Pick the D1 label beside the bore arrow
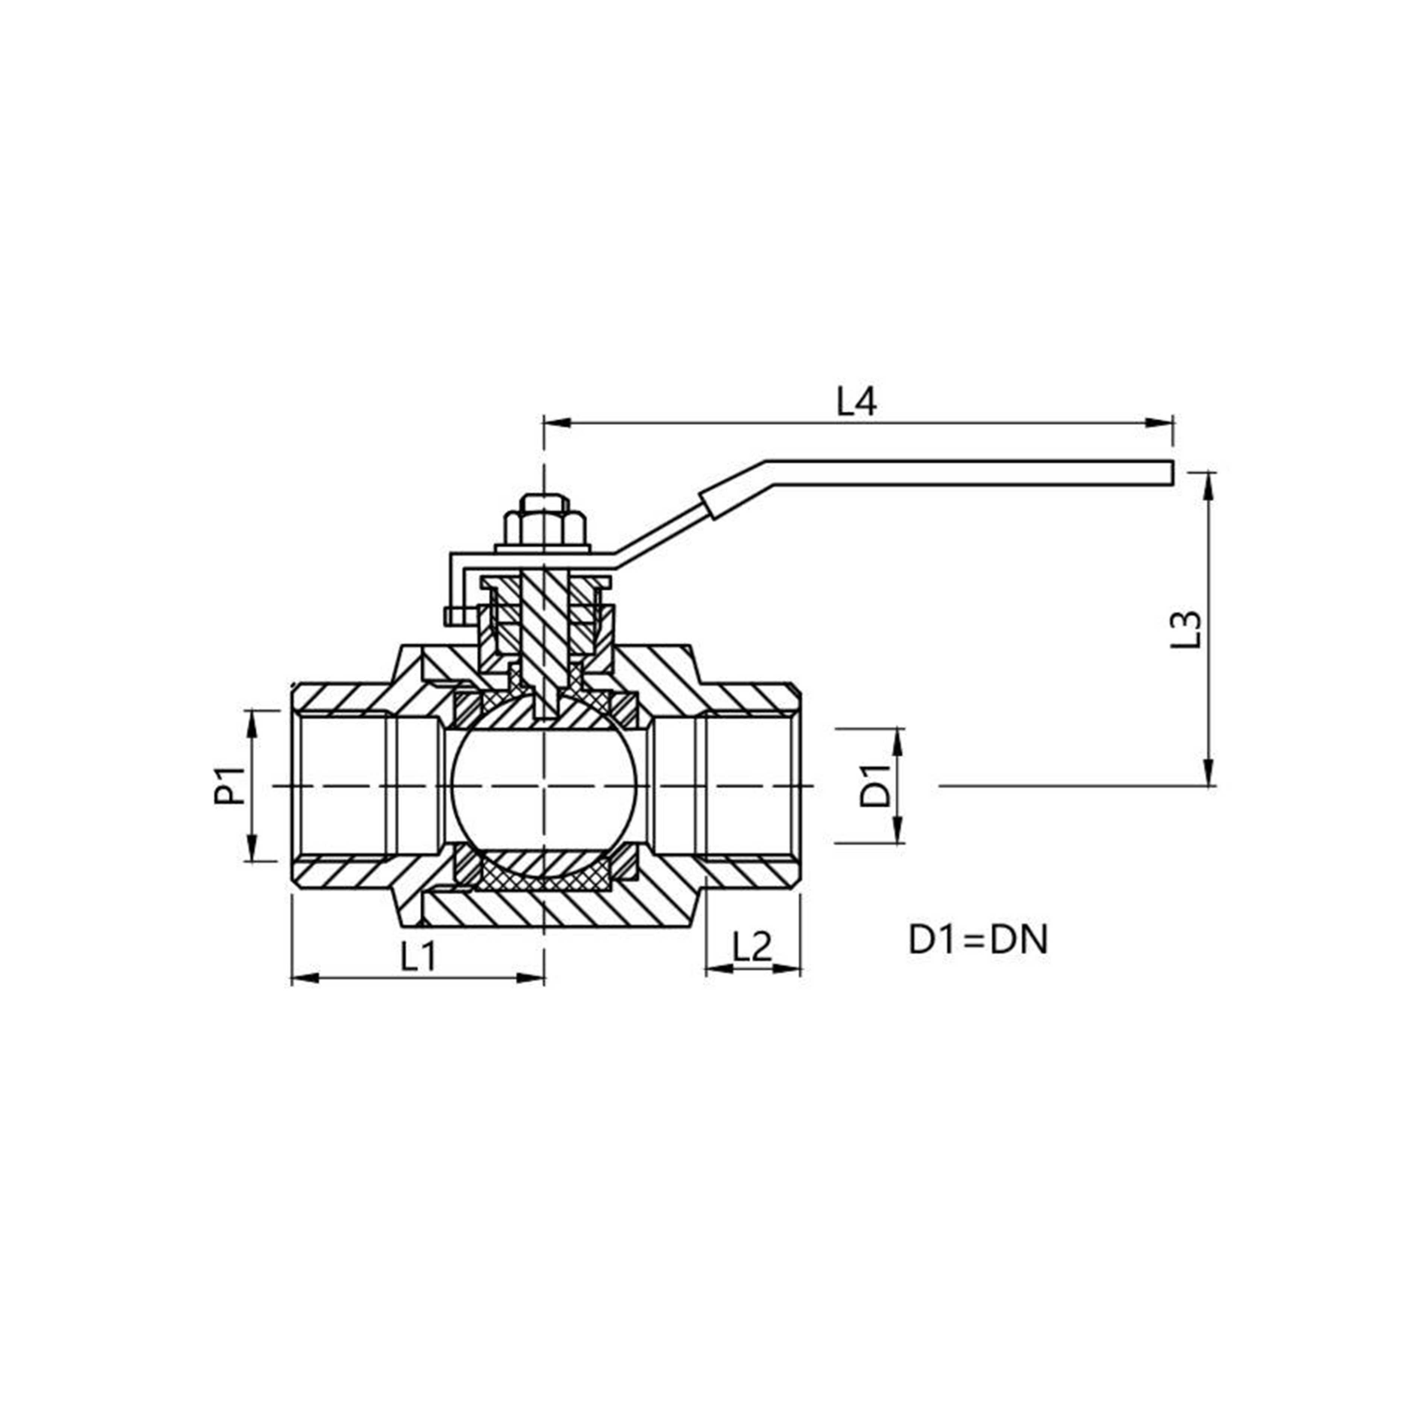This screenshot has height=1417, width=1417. coord(874,786)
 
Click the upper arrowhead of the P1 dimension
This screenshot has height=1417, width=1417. coord(252,722)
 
